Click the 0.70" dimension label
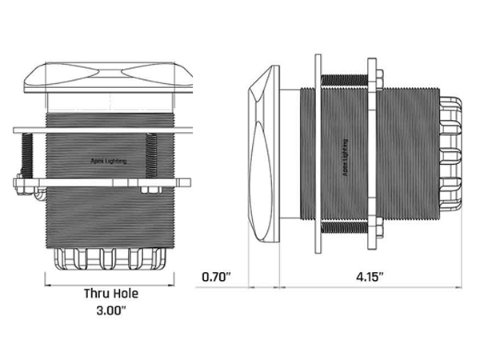tap(216, 277)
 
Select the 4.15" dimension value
tap(370, 277)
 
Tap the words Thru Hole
tap(111, 294)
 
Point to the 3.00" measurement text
tap(111, 310)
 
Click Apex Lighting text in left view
tap(109, 161)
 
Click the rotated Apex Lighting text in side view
tap(345, 158)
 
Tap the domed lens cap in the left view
tap(109, 77)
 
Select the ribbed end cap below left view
tap(110, 259)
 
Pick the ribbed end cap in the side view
tap(450, 154)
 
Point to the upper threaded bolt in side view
tap(344, 80)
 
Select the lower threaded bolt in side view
tap(344, 227)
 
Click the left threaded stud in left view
tap(27, 156)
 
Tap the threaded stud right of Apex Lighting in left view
tap(151, 155)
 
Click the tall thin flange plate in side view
tap(318, 154)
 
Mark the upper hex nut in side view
tap(379, 79)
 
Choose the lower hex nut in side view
tap(379, 227)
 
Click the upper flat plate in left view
tap(103, 130)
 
